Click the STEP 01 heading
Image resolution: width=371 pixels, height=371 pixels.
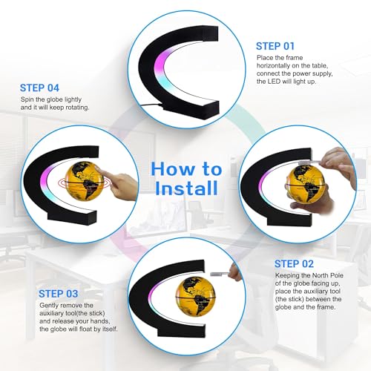coord(275,46)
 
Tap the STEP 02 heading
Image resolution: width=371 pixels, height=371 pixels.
coord(294,264)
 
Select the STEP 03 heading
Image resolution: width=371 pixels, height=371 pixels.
coord(59,294)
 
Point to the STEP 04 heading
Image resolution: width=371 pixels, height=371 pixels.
coord(39,88)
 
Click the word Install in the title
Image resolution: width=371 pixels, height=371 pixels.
coord(187,188)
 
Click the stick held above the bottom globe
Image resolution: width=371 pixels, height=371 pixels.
coord(220,274)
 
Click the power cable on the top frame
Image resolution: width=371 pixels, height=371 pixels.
coord(151,105)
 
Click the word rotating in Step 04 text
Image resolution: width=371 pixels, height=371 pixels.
coord(76,108)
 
